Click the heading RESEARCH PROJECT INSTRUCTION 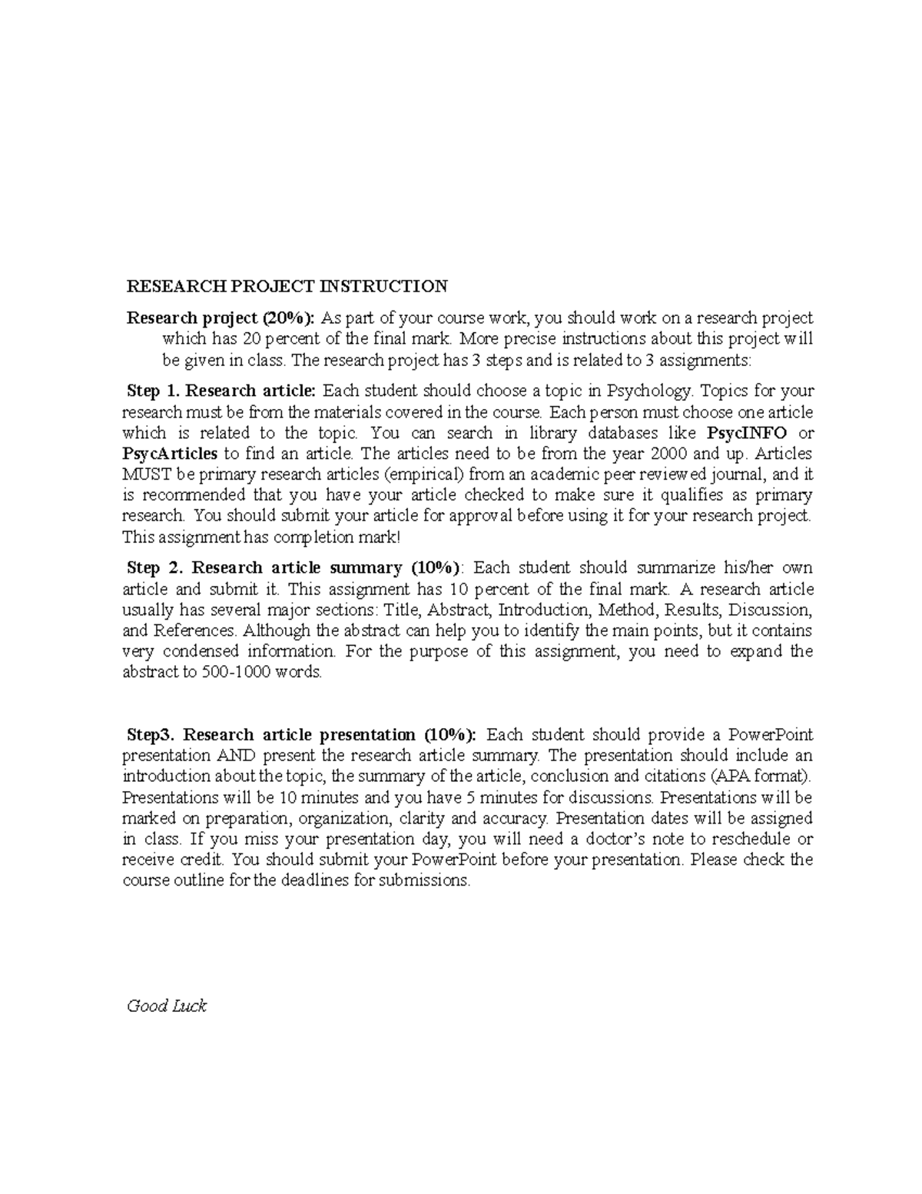tap(287, 287)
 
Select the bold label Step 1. tap(151, 391)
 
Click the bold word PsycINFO tap(746, 432)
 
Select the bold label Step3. tap(151, 734)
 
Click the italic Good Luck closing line tap(166, 1006)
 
